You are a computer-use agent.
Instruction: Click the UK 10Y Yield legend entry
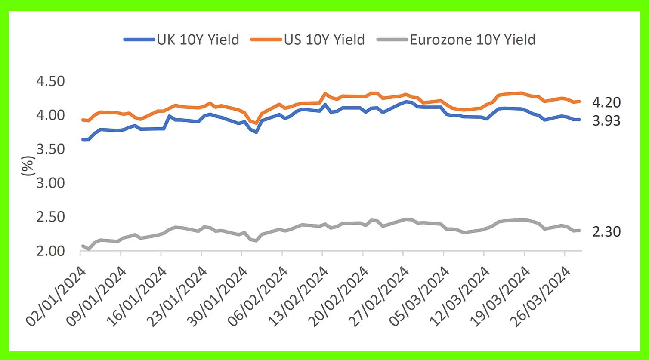pos(181,40)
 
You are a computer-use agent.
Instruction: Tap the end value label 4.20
pos(606,102)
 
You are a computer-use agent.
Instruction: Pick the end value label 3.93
pos(606,121)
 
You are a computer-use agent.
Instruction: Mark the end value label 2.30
pos(606,232)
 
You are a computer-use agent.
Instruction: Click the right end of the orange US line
pos(579,102)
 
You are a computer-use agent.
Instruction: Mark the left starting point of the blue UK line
pos(82,139)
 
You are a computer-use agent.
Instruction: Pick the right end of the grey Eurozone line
pos(579,231)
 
